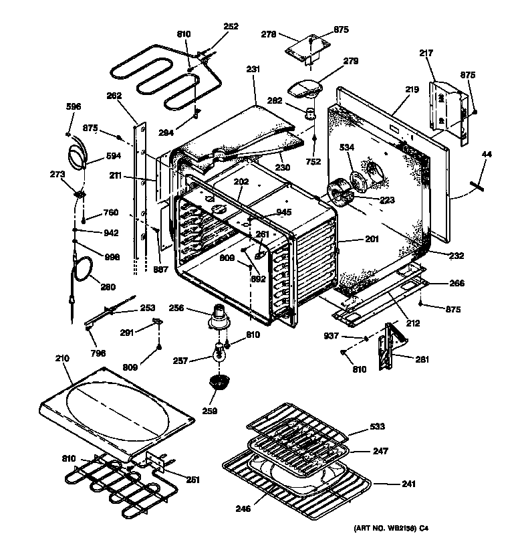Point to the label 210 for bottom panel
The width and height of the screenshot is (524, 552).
(x=62, y=359)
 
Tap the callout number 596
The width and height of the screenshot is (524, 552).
(x=73, y=106)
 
